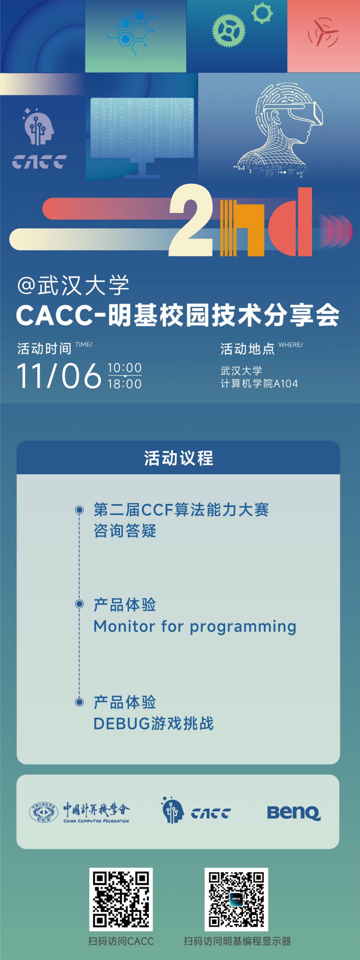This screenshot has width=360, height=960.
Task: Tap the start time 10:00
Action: (124, 367)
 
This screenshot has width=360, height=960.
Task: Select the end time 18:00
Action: (124, 384)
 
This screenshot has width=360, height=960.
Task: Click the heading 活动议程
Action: (178, 458)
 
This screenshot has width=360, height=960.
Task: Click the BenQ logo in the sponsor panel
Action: (294, 812)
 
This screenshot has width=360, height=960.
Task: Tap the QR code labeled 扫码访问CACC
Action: (121, 899)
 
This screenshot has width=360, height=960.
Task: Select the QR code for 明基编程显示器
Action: (236, 899)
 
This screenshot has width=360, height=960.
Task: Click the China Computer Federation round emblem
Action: (43, 812)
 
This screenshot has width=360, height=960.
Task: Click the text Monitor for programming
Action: (195, 627)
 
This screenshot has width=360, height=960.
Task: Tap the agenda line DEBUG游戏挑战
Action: (153, 723)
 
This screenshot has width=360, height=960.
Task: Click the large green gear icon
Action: (229, 30)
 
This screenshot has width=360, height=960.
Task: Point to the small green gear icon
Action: (262, 13)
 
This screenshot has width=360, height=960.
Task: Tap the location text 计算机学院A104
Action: (259, 384)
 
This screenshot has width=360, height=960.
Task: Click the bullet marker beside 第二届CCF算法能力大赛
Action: (79, 510)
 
